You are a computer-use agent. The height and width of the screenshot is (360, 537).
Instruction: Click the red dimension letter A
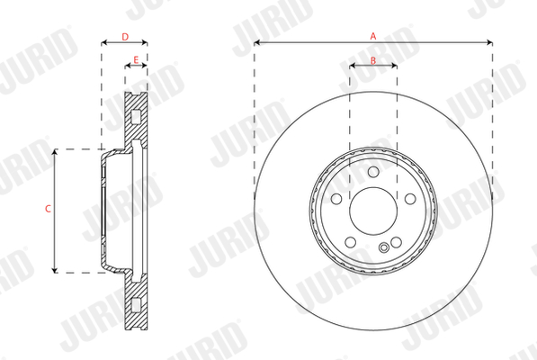click(372, 35)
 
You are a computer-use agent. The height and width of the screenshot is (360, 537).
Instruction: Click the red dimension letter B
click(372, 60)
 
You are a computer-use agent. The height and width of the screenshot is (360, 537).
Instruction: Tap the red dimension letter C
click(48, 209)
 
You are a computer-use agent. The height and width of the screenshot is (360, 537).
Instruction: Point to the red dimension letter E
click(136, 60)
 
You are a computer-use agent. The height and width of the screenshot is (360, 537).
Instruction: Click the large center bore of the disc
click(372, 210)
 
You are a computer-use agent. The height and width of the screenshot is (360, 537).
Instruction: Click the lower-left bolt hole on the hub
click(349, 243)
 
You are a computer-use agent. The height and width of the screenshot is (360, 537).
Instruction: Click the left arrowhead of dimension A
click(257, 41)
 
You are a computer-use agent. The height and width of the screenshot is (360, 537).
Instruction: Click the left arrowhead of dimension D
click(103, 41)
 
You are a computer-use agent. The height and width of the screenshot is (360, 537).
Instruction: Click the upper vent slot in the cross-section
click(136, 116)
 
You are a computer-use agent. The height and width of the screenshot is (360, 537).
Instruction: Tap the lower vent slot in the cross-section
click(136, 302)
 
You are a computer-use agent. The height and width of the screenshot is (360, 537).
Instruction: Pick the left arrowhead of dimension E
click(126, 67)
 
